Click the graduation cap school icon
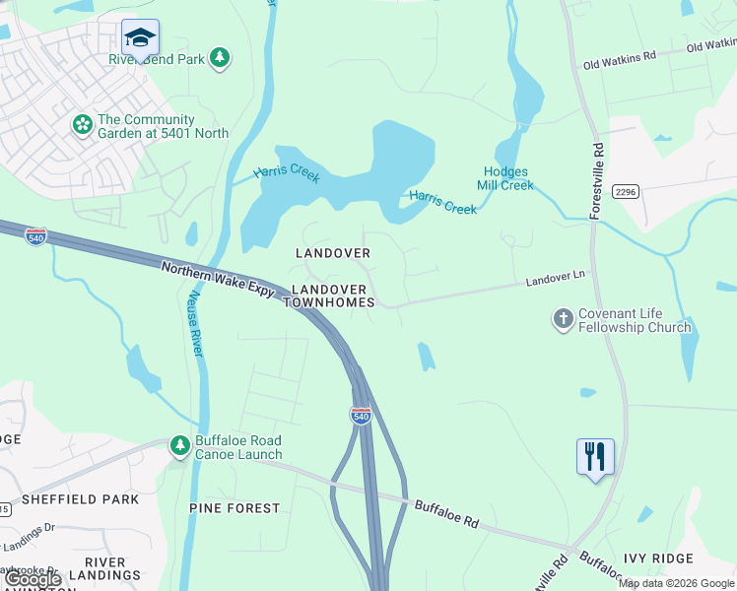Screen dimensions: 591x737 140,38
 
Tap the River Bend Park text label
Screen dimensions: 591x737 157,59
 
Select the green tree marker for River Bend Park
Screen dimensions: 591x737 221,58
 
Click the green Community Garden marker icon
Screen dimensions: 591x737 82,125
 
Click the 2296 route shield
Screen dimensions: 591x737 626,191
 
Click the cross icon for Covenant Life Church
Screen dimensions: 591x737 563,319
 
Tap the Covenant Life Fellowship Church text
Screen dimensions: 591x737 635,321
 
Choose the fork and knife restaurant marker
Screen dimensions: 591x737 595,457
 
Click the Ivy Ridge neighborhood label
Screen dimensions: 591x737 658,558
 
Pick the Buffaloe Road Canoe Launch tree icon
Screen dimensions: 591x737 179,446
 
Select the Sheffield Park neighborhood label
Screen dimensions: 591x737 80,499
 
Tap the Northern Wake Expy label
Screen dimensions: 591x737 217,281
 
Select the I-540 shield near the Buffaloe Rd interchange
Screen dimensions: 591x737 361,416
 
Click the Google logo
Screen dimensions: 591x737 32,580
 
